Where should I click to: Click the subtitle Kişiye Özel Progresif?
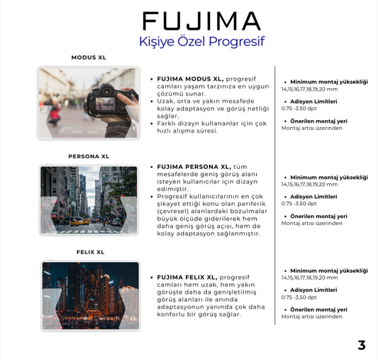coord(201,41)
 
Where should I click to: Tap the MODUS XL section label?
coord(89,58)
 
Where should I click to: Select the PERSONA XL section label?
coord(89,156)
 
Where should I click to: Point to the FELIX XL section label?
coord(90,252)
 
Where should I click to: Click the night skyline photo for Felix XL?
coord(90,295)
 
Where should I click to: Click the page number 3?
coord(362,346)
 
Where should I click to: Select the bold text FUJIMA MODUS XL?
coord(190,79)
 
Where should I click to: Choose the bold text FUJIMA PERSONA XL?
coord(194,166)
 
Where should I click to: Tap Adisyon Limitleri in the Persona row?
coord(314,197)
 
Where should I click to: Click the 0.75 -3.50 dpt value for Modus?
coord(299,108)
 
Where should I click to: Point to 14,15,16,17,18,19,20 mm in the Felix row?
coord(319,278)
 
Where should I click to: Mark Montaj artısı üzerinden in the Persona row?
coord(311,223)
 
